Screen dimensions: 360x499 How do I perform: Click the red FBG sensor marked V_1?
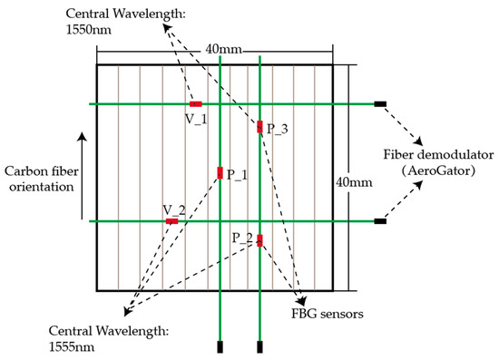click(195, 104)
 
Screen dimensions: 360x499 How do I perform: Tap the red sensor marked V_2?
click(171, 221)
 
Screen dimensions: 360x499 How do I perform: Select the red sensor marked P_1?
click(220, 173)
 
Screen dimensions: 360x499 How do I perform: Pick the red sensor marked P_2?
click(260, 240)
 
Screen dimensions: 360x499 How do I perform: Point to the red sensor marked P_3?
click(260, 127)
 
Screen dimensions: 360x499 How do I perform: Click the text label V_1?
click(196, 118)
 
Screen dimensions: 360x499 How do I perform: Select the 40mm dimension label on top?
click(218, 48)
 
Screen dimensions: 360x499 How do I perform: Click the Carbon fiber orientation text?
click(39, 178)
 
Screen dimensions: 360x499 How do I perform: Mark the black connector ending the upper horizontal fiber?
click(380, 104)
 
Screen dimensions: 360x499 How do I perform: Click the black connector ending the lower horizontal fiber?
click(380, 221)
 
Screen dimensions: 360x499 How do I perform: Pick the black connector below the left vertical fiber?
click(220, 346)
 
